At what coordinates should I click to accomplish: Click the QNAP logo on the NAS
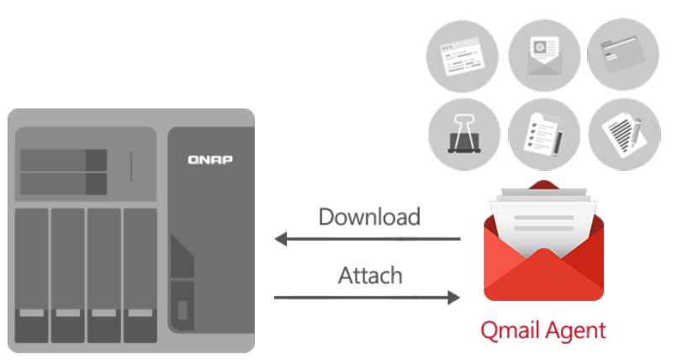210,159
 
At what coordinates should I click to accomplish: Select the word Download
368,217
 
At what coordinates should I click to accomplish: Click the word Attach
370,274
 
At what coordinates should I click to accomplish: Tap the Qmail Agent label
543,330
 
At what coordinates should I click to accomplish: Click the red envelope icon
543,252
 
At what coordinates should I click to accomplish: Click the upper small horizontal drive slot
63,160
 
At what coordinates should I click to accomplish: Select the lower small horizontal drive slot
63,183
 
